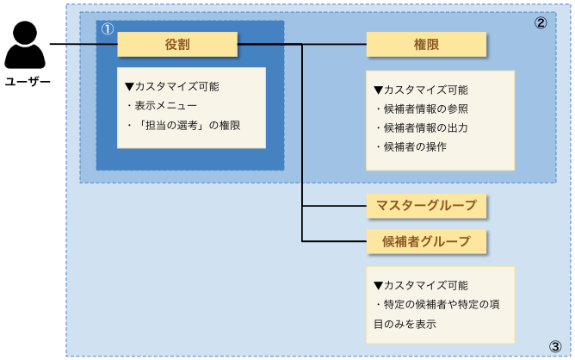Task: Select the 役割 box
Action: click(x=176, y=44)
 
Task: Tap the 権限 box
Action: click(x=426, y=45)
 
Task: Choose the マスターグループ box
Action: click(x=426, y=207)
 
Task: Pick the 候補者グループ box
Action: click(x=426, y=241)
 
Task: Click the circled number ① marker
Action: click(x=107, y=28)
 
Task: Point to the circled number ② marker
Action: click(x=541, y=23)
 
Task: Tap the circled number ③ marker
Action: click(x=555, y=346)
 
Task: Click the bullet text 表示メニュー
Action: click(x=173, y=106)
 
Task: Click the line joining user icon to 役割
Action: click(x=83, y=44)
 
